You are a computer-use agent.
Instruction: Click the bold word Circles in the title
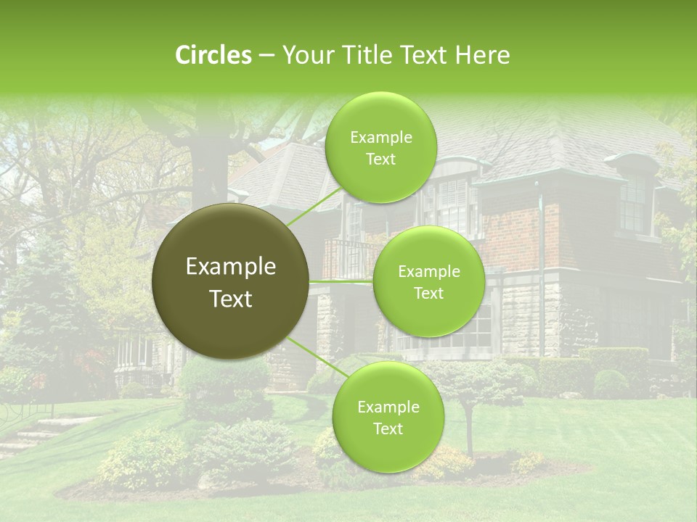(x=213, y=55)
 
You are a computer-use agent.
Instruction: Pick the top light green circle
(x=380, y=148)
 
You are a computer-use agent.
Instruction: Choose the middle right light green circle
(x=428, y=282)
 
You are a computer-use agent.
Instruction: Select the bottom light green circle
(x=388, y=418)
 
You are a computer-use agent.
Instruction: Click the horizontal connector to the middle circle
(x=341, y=281)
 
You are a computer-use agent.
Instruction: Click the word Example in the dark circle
(x=231, y=267)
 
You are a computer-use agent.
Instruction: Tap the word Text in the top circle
(x=380, y=159)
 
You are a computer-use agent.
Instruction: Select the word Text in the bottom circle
(x=388, y=428)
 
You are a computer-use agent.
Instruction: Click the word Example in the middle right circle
(x=428, y=272)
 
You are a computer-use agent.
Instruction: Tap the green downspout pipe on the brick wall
(x=540, y=246)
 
